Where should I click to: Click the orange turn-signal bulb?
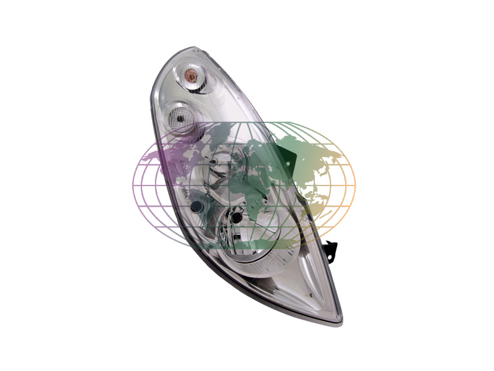(191, 76)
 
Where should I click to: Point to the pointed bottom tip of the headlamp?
(338, 320)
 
